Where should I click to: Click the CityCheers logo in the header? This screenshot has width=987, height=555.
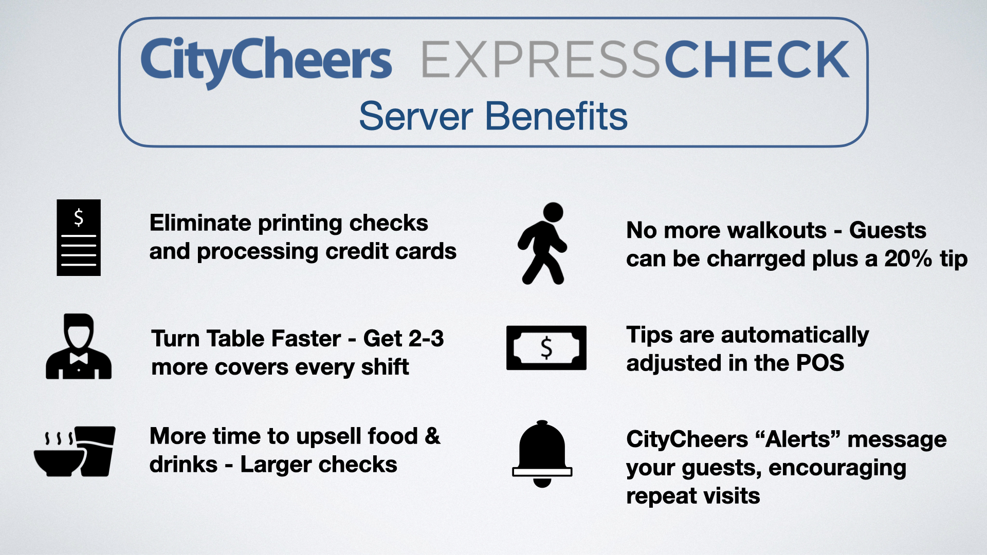pyautogui.click(x=266, y=62)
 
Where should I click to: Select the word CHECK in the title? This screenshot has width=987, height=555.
pyautogui.click(x=757, y=60)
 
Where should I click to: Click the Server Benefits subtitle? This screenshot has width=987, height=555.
pyautogui.click(x=493, y=116)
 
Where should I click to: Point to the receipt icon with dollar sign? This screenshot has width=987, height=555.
pyautogui.click(x=79, y=237)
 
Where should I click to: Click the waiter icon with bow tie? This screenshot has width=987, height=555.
pyautogui.click(x=79, y=346)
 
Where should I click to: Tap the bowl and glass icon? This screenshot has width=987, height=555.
pyautogui.click(x=75, y=451)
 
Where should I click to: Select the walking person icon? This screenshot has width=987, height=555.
pyautogui.click(x=543, y=244)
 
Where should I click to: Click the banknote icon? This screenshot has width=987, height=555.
pyautogui.click(x=546, y=348)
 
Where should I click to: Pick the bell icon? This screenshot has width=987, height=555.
pyautogui.click(x=542, y=454)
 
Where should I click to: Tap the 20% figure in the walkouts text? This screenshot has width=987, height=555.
pyautogui.click(x=908, y=258)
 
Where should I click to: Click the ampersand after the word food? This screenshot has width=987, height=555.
pyautogui.click(x=433, y=436)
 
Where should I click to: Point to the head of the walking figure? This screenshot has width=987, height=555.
pyautogui.click(x=553, y=212)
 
